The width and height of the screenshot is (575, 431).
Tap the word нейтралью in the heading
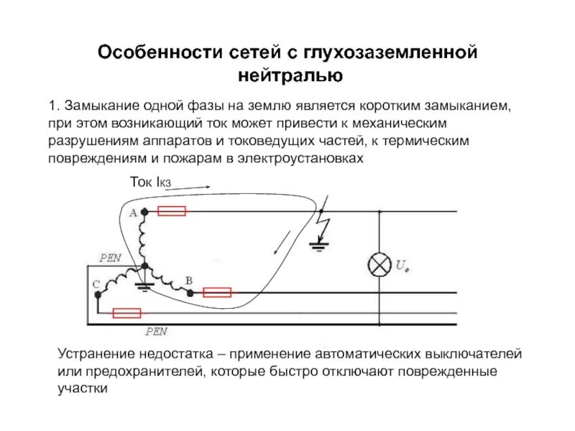click(288, 75)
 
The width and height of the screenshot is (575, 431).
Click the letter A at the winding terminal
click(132, 213)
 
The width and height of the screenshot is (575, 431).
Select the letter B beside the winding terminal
click(188, 279)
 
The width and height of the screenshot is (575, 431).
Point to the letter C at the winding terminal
click(96, 285)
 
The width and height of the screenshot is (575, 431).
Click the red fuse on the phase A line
click(172, 211)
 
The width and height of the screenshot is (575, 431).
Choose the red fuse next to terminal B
click(217, 292)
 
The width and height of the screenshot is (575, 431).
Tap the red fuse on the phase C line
click(126, 313)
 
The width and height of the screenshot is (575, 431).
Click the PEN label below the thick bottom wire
click(156, 332)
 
